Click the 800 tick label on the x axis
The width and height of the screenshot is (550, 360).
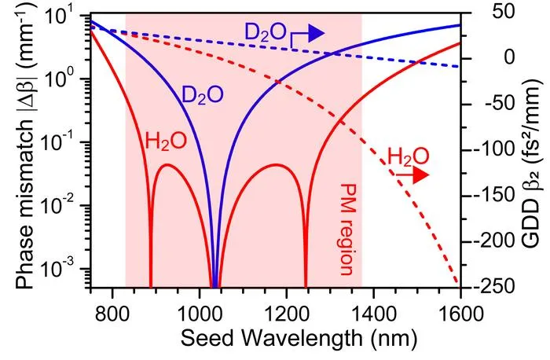click(x=112, y=313)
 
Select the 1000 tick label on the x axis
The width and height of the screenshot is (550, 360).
click(x=200, y=313)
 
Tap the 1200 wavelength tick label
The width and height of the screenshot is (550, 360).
click(x=287, y=313)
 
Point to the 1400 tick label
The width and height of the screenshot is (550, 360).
click(x=374, y=313)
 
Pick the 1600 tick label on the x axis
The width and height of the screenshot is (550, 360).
click(x=461, y=313)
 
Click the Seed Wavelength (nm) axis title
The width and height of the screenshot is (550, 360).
click(x=299, y=339)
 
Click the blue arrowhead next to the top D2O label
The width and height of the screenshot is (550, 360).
click(x=316, y=33)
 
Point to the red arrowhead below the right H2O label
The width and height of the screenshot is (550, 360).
click(x=421, y=175)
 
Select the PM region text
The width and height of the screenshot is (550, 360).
click(x=346, y=229)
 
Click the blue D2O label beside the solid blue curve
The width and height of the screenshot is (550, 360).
click(x=203, y=95)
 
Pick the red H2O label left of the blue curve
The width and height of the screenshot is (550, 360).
click(x=166, y=141)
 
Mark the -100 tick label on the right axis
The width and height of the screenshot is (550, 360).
click(x=497, y=149)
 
